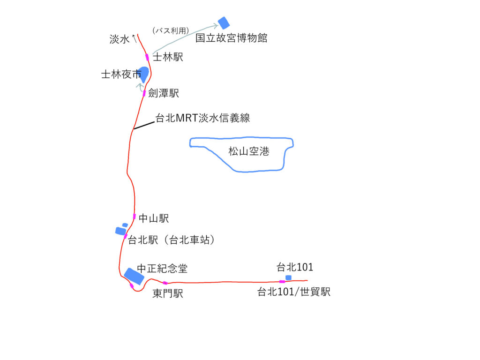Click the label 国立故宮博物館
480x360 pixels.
[x=231, y=38]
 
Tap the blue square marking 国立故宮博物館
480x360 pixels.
[x=224, y=23]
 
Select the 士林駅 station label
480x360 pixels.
[x=168, y=57]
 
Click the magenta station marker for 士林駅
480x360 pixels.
[x=148, y=57]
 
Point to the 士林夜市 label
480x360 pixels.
[x=120, y=75]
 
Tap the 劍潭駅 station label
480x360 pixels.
[x=164, y=93]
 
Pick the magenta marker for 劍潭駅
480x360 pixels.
[x=144, y=93]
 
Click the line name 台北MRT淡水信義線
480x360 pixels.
[x=203, y=118]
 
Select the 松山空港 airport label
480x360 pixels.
[x=248, y=151]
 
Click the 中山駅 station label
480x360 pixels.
[x=154, y=218]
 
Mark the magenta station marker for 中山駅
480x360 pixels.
[x=135, y=217]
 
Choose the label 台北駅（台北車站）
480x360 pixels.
[x=172, y=240]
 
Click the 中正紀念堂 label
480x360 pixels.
[x=162, y=269]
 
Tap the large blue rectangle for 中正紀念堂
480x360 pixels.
[x=134, y=276]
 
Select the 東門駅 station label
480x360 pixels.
[x=168, y=294]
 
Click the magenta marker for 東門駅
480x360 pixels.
[x=165, y=283]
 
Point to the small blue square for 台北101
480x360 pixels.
[x=288, y=277]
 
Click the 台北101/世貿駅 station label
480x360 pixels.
[x=294, y=292]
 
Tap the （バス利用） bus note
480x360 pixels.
[x=171, y=30]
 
